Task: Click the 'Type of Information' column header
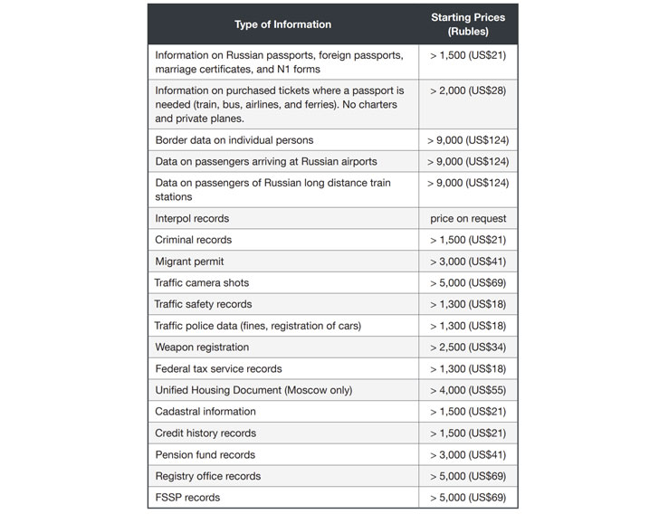coord(282,24)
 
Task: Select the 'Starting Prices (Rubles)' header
coord(468,24)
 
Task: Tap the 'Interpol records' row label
coord(192,218)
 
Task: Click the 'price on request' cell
coord(468,218)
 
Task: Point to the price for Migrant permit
coord(468,262)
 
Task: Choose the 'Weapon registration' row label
coord(202,347)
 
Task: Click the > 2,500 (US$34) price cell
coord(468,347)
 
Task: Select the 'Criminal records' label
coord(193,240)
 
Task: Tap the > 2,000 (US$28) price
coord(468,90)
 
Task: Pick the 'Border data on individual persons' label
coord(234,140)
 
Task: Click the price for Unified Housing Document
coord(468,390)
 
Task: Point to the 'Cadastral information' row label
coord(205,412)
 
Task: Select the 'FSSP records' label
coord(187,498)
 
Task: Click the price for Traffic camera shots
coord(468,283)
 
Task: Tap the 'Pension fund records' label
coord(205,455)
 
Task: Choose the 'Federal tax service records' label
coord(218,369)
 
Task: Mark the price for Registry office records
coord(468,476)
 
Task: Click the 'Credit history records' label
coord(205,433)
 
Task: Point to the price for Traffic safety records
coord(468,304)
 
